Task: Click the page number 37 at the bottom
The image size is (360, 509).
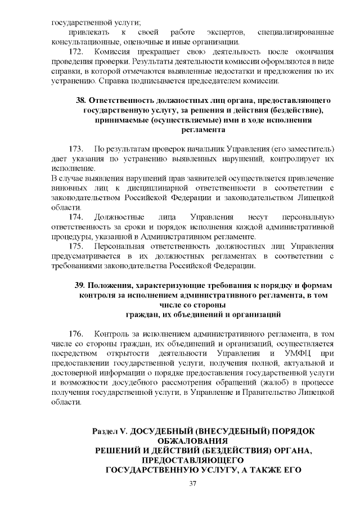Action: click(192, 484)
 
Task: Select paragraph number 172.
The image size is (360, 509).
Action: click(76, 51)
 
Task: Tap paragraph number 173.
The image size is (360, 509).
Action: click(76, 149)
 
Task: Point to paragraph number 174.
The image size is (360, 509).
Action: click(76, 217)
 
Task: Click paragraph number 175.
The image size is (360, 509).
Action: click(76, 246)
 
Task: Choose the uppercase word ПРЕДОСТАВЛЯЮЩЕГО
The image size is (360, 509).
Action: click(192, 460)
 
